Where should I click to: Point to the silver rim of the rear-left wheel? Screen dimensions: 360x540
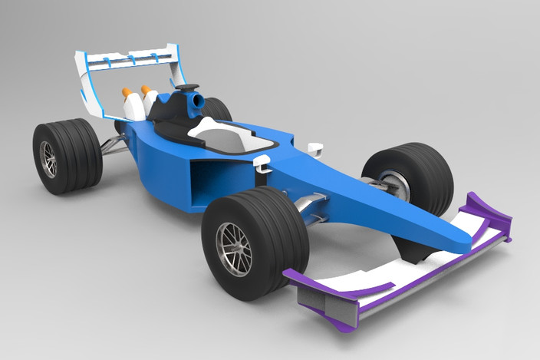click(x=48, y=159)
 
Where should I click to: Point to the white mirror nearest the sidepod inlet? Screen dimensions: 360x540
click(x=261, y=162)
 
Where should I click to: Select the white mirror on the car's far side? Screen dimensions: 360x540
click(x=313, y=147)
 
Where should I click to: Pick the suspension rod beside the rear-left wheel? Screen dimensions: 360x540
click(x=114, y=145)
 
